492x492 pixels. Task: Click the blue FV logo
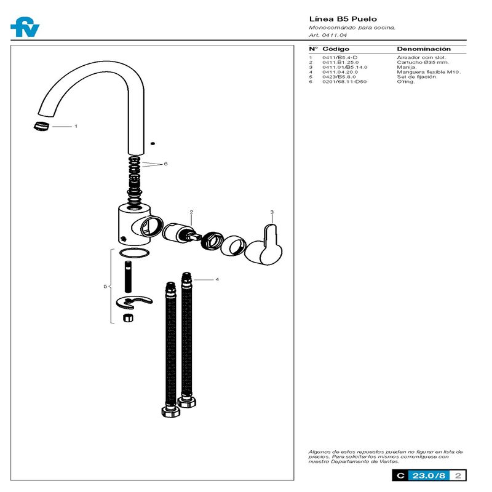[x=24, y=28]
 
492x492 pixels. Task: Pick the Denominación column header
[x=423, y=49]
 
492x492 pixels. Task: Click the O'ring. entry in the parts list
[x=406, y=82]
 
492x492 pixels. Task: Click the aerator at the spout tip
[x=39, y=125]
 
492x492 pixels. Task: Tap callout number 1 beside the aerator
[x=76, y=126]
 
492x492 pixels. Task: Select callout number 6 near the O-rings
[x=165, y=164]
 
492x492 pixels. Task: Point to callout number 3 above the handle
[x=272, y=212]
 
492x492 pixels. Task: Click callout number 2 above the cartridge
[x=191, y=212]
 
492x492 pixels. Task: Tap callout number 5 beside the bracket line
[x=105, y=287]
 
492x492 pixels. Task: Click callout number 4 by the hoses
[x=217, y=279]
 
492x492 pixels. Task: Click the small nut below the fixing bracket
[x=128, y=318]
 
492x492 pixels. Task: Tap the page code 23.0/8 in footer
[x=429, y=475]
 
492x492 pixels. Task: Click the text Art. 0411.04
[x=323, y=36]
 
